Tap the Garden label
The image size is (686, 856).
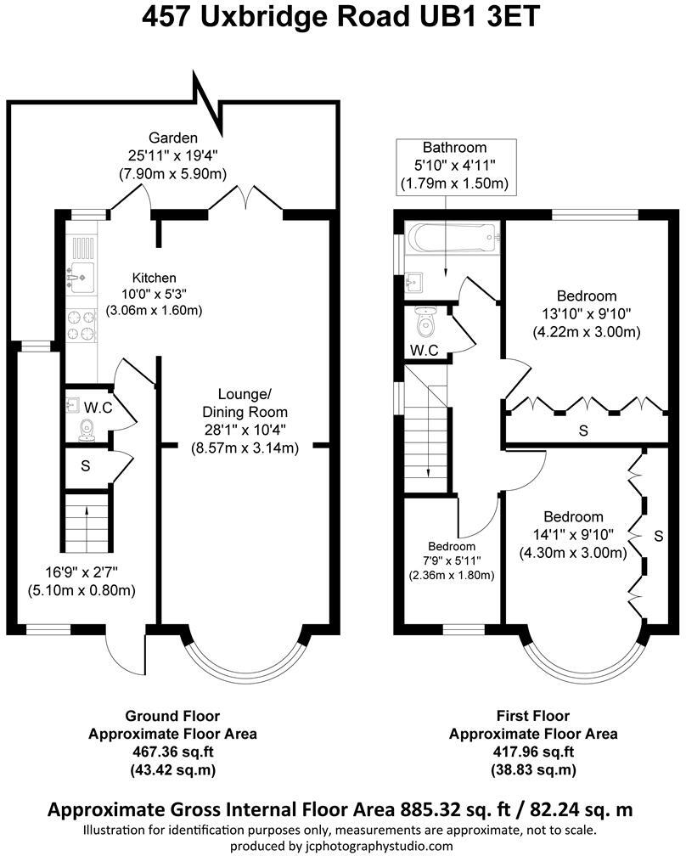[173, 138]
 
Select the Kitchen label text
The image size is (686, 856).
[154, 278]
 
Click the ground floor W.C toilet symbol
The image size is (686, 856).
[86, 430]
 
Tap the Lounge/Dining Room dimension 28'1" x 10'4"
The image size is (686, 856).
[245, 430]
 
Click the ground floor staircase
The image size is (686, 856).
[87, 523]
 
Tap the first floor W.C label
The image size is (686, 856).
[424, 350]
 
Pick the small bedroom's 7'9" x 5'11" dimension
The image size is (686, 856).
[452, 560]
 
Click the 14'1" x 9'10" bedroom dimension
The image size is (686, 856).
[573, 535]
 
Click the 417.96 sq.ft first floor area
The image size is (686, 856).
[532, 752]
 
